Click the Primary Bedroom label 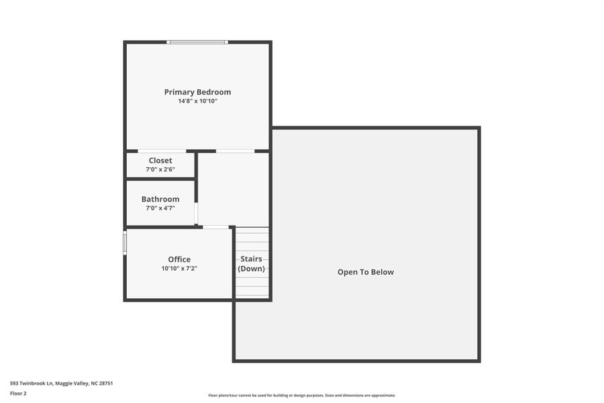point(197,92)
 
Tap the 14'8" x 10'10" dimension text point(197,101)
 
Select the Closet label point(160,161)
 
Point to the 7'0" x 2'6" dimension point(160,170)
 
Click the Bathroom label point(160,199)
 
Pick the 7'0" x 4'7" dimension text point(160,208)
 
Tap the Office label point(179,259)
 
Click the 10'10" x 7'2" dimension point(179,269)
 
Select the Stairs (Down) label point(252,263)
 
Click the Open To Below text point(366,272)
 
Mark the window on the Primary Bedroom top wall point(197,42)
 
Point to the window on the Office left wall point(125,242)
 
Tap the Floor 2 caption point(18,394)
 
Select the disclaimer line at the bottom point(302,396)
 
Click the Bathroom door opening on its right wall point(196,213)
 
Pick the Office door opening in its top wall point(215,227)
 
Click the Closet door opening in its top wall point(162,151)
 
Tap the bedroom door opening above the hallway point(235,151)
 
